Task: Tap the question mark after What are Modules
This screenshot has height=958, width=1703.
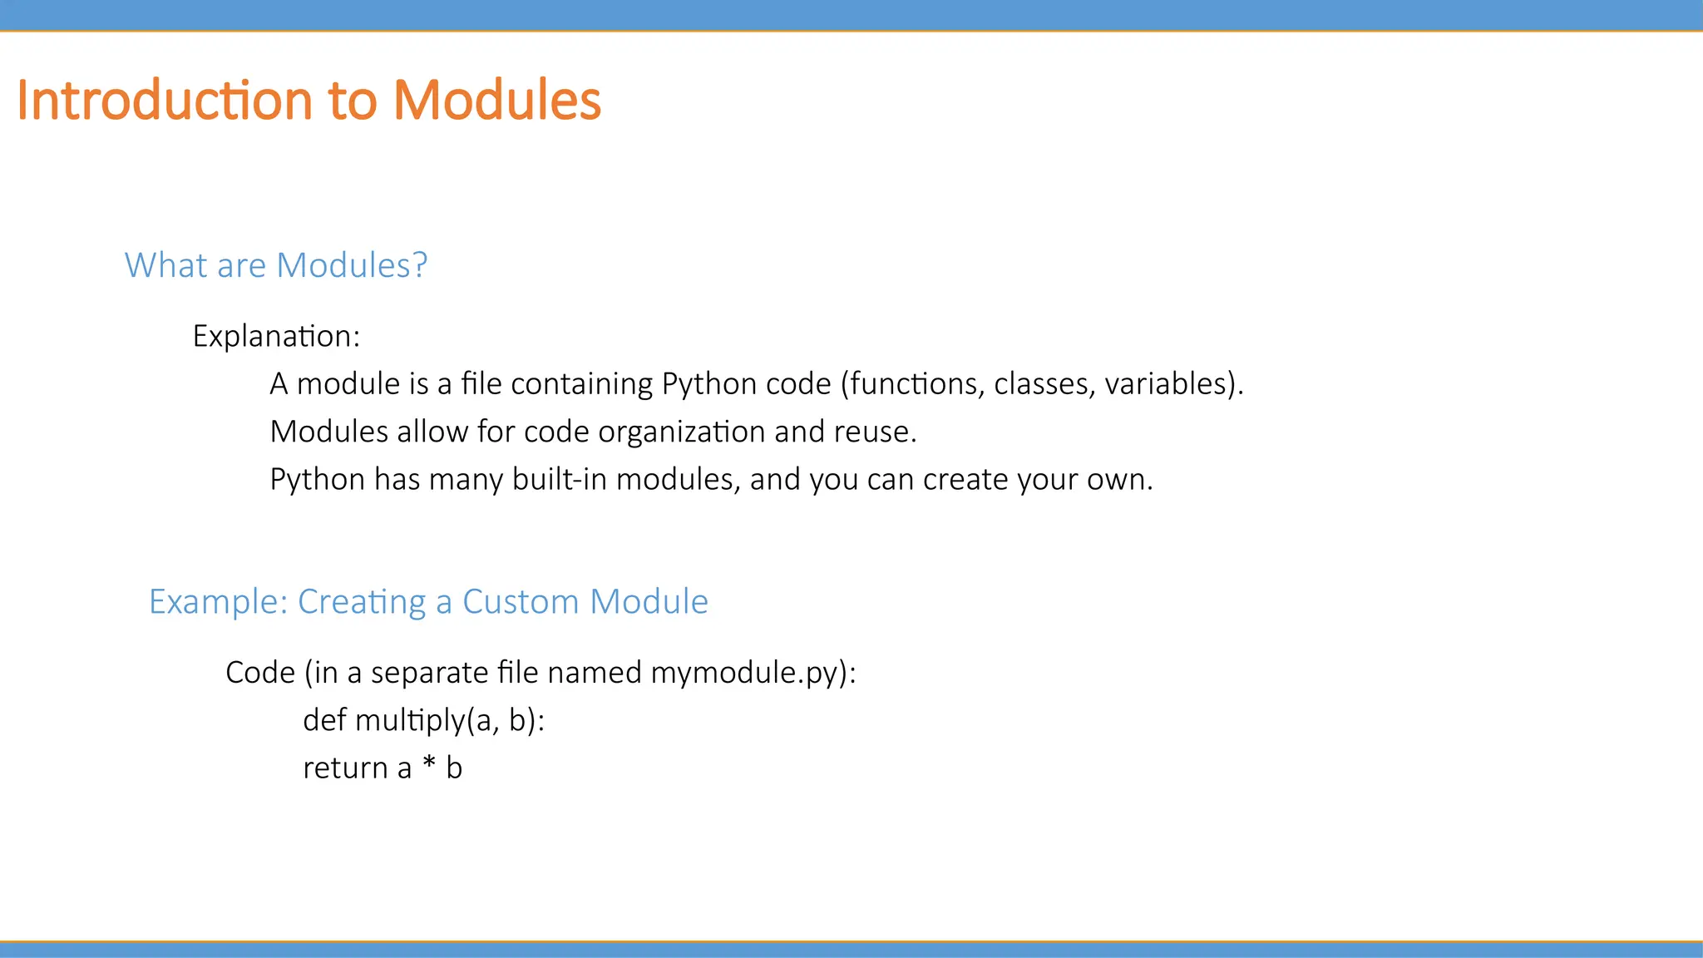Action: pos(419,265)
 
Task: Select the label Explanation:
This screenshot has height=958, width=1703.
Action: pos(276,336)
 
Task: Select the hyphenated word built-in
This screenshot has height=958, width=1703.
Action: pos(559,479)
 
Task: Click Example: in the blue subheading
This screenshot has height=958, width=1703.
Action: pos(218,601)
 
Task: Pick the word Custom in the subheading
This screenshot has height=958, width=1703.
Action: pos(520,601)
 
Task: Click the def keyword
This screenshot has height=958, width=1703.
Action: pos(324,719)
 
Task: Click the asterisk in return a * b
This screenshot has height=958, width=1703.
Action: pos(429,763)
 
